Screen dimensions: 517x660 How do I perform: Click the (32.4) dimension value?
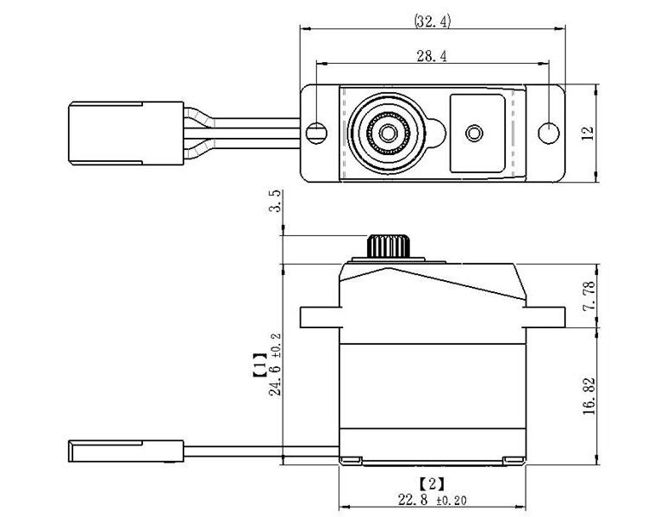(432, 22)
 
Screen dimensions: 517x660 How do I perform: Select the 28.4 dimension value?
(433, 56)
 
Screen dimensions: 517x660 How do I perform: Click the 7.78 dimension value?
(588, 295)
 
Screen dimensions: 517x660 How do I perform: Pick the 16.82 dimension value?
(588, 395)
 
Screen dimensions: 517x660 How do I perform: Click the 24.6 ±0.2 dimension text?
(275, 364)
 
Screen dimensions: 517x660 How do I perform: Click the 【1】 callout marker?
(258, 364)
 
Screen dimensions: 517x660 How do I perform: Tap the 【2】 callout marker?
(431, 483)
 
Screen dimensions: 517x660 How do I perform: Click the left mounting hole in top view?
(317, 133)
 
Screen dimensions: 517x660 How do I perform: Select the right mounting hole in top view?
(549, 133)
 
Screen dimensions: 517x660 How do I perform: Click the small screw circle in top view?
(473, 133)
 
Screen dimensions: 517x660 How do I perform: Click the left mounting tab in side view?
(320, 317)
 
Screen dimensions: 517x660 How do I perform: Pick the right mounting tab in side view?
(545, 317)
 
